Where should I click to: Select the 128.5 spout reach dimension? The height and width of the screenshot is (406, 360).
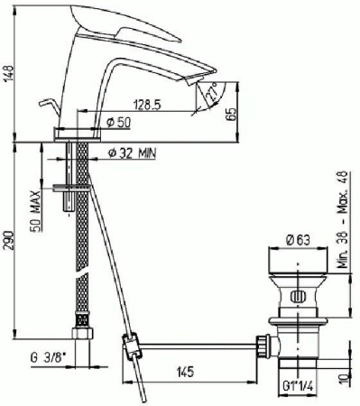point(147,106)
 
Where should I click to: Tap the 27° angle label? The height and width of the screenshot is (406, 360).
point(212,92)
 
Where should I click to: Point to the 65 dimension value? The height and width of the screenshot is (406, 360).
point(232,114)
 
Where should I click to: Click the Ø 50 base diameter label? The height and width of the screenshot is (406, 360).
point(119,123)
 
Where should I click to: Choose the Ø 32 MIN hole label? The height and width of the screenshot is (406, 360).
point(132,153)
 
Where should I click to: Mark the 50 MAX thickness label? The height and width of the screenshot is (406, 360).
point(36,211)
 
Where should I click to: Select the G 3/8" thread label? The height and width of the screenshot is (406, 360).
point(49,358)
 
